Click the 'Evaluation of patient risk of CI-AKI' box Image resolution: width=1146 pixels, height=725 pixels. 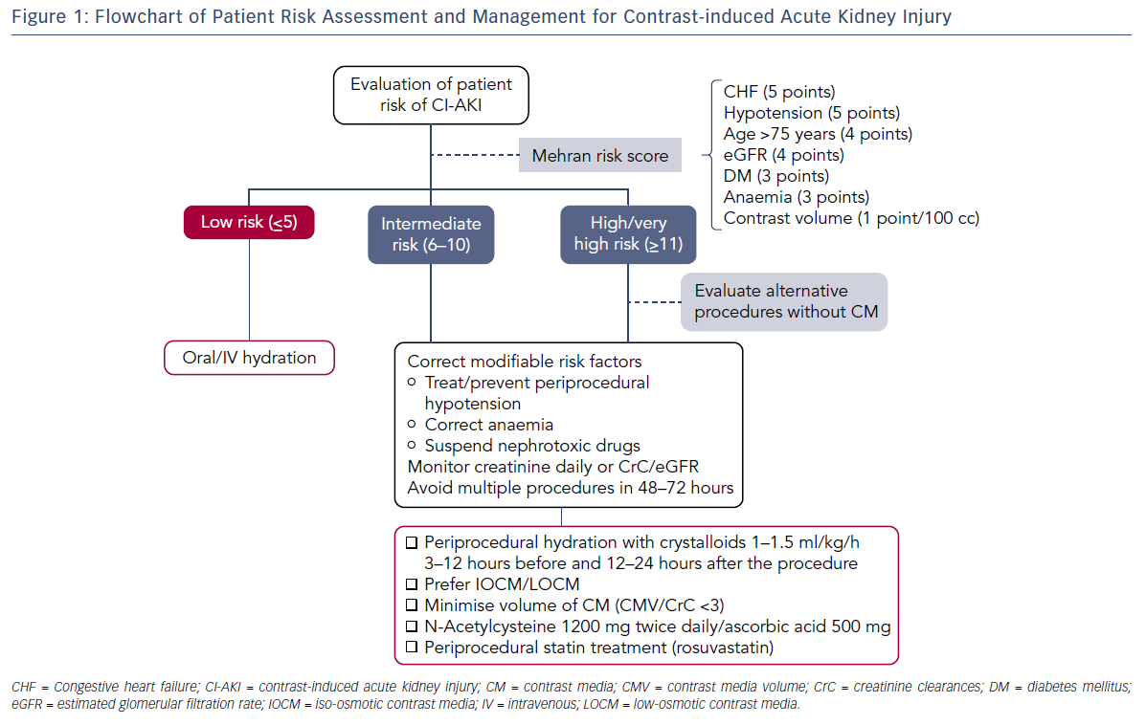click(x=431, y=96)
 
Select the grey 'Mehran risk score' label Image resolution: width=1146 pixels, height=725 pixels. click(x=600, y=156)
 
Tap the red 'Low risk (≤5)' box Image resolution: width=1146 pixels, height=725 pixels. click(x=249, y=222)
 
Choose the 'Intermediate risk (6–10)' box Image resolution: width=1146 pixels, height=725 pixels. click(x=431, y=234)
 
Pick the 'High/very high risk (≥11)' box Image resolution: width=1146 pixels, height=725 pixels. click(x=629, y=234)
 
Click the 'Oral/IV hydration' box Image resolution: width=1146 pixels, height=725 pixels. click(x=249, y=358)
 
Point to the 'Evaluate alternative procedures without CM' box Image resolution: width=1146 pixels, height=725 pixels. click(x=784, y=301)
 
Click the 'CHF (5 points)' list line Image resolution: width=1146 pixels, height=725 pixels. click(x=779, y=92)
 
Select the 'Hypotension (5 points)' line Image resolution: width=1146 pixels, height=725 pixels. click(x=811, y=113)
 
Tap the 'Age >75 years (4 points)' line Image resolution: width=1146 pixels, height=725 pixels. click(x=818, y=134)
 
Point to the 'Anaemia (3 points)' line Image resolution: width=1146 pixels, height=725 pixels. click(x=797, y=197)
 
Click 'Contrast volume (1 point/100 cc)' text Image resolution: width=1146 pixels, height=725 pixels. click(x=851, y=218)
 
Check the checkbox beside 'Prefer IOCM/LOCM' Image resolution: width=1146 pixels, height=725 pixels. click(x=412, y=584)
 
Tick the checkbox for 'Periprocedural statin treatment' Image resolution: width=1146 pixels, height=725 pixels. click(x=412, y=648)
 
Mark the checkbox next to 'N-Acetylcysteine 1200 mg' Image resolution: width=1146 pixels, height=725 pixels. click(x=412, y=626)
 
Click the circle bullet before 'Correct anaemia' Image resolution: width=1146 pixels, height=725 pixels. click(x=412, y=425)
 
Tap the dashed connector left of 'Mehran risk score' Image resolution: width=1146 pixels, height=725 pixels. click(x=475, y=155)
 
